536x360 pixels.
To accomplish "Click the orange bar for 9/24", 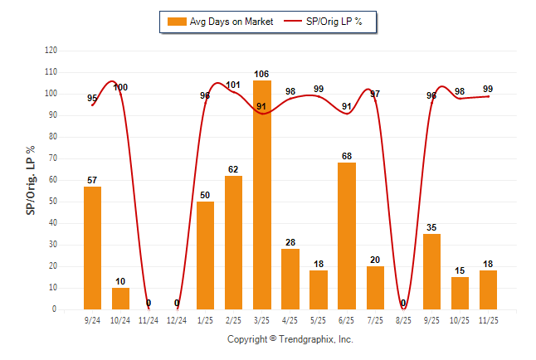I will coord(92,248).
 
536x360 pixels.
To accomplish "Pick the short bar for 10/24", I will coord(120,299).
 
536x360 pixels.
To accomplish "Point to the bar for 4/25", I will coord(290,280).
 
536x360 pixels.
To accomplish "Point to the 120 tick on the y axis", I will coord(51,51).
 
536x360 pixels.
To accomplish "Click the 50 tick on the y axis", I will coord(53,202).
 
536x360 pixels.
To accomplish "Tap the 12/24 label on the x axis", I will coord(177,320).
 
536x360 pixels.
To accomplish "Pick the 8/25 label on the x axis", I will coord(403,320).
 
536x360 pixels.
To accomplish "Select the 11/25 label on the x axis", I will coord(488,320).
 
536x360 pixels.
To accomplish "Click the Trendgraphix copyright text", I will coord(290,340).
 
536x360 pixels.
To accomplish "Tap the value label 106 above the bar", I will coord(261,75).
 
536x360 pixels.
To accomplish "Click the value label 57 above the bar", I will coord(92,180).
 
